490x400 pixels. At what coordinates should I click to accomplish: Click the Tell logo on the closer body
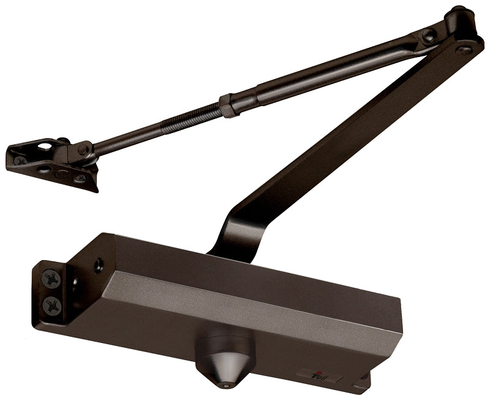click(x=318, y=375)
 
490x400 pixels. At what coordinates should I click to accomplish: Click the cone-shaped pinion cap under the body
click(x=222, y=360)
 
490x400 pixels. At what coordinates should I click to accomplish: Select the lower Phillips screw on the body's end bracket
click(x=53, y=304)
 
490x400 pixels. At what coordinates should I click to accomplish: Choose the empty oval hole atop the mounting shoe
click(x=45, y=147)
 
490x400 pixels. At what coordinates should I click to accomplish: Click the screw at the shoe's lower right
click(x=80, y=178)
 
